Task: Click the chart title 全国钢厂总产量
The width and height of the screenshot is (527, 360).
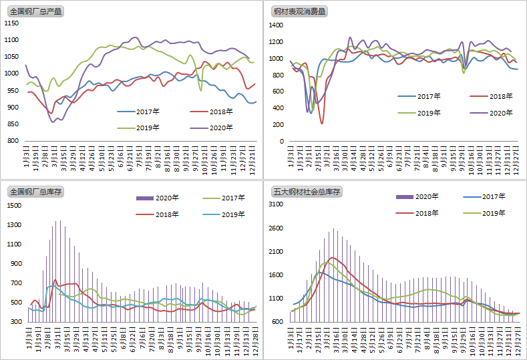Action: click(x=35, y=11)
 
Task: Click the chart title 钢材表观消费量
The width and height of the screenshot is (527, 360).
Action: click(x=299, y=11)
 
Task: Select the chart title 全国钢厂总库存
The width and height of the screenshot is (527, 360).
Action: click(x=35, y=192)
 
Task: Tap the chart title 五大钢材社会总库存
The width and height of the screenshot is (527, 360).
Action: click(x=307, y=192)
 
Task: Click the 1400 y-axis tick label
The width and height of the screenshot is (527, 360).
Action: click(x=277, y=25)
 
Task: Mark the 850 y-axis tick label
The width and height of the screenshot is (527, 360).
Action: click(x=13, y=124)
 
